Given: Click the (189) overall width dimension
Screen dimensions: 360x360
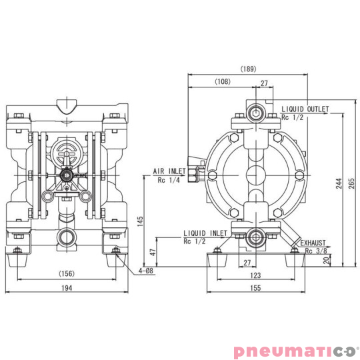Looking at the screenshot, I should click(247, 69).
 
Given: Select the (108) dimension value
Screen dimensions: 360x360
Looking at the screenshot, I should click(224, 81).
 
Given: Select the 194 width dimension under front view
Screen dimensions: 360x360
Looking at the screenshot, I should click(67, 287).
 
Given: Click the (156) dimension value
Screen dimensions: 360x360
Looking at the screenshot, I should click(67, 273).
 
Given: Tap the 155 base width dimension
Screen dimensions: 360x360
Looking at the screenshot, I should click(256, 287).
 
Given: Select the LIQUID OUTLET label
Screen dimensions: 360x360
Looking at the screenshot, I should click(305, 109).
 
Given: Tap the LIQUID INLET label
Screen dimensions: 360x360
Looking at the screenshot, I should click(205, 233).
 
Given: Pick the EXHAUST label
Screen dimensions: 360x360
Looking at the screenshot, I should click(314, 243).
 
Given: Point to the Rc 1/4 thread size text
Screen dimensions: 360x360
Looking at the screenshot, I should click(169, 180).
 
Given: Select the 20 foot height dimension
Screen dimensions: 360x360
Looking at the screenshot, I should click(325, 261).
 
